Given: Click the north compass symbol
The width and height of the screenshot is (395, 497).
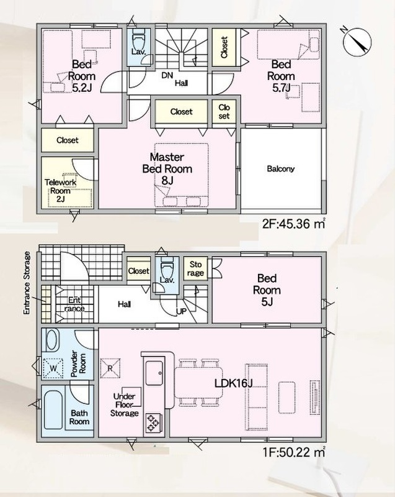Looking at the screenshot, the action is point(357,42).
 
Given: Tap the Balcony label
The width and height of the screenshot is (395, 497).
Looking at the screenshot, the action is point(280,168).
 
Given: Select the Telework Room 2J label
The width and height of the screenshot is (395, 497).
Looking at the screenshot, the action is point(60,191).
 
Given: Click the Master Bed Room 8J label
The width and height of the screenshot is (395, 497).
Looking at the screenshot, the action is point(167,168).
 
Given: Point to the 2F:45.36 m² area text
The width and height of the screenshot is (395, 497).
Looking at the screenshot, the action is point(294,224).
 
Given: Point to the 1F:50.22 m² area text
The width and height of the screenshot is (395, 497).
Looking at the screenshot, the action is point(294,452).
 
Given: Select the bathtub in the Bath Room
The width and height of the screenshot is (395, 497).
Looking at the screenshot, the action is point(53,411).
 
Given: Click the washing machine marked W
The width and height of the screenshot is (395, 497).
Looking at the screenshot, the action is point(53,368).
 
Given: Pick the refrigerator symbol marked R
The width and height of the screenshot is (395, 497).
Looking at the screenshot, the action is point(110,368).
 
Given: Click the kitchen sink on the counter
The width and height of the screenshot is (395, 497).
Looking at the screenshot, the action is point(154,373).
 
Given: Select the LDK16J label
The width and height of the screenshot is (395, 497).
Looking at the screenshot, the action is point(234,383).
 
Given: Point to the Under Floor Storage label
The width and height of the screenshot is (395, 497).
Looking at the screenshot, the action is point(125,405).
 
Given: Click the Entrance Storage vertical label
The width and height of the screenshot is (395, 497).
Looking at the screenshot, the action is point(27,283).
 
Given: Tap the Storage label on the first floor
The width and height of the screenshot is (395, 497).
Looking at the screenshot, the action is point(195,268).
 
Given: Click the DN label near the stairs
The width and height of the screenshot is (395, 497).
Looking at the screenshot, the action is point(167,75).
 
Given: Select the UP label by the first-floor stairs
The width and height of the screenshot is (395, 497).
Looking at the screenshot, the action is point(181,312).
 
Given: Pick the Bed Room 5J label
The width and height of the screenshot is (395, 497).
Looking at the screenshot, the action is point(267,290).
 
